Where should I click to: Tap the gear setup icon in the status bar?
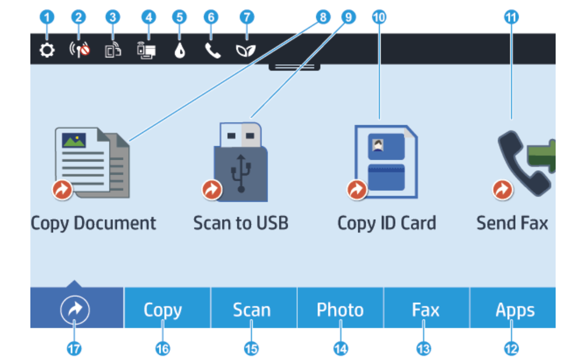(x=47, y=50)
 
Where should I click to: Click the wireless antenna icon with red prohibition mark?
(x=79, y=50)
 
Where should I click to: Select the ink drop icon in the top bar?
(x=180, y=50)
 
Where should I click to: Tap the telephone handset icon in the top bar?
(x=213, y=50)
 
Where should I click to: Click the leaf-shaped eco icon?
(x=246, y=50)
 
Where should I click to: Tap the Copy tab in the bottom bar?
(x=163, y=310)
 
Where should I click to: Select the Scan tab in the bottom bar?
(x=252, y=310)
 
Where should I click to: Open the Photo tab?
(x=340, y=310)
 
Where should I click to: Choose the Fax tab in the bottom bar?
(x=426, y=310)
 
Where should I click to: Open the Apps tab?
(x=515, y=310)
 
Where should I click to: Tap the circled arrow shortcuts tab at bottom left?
(x=75, y=310)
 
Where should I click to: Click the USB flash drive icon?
(x=241, y=163)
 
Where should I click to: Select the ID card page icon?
(x=386, y=162)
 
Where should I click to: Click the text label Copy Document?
(x=93, y=224)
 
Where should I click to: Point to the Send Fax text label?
(x=512, y=224)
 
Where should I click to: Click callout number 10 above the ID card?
(x=379, y=17)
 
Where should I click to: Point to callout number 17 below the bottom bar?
(x=74, y=348)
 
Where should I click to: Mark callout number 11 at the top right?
(x=511, y=17)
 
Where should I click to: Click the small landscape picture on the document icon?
(x=74, y=140)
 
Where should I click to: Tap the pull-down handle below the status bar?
(x=294, y=67)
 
